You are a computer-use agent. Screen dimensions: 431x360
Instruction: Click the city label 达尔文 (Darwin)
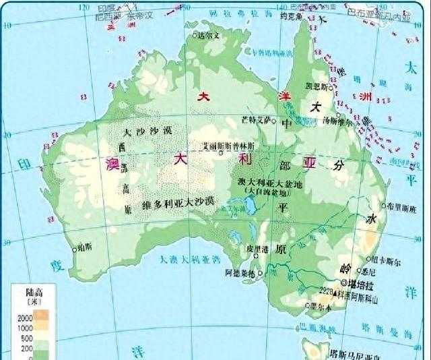[209, 35]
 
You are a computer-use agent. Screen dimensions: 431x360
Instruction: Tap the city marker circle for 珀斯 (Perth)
[75, 247]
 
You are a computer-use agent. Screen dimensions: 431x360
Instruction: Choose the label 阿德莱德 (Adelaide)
[240, 273]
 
